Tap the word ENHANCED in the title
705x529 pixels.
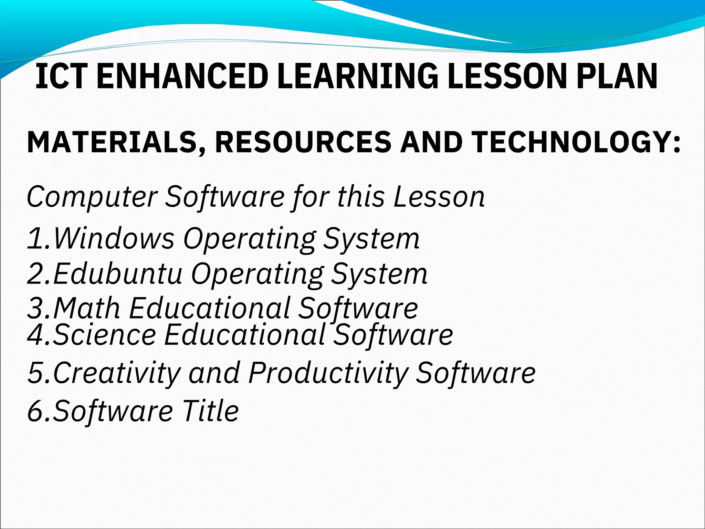click(182, 76)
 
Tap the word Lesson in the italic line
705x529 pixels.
click(439, 197)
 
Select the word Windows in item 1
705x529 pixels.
click(114, 238)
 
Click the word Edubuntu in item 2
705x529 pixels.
click(117, 273)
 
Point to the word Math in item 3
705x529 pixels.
click(87, 308)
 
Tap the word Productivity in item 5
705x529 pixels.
click(328, 373)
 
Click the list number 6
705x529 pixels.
click(35, 411)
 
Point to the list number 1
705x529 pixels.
click(35, 239)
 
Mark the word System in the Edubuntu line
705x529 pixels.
click(379, 273)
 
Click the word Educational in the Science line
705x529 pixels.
click(244, 335)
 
